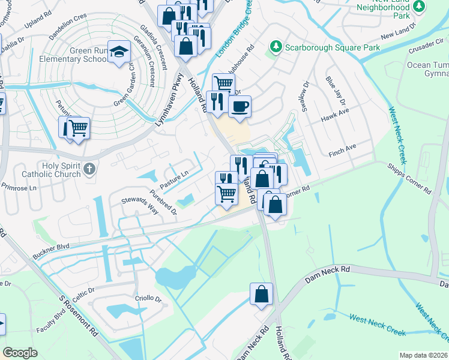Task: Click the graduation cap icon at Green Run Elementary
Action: (119, 52)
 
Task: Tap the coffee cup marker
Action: (240, 106)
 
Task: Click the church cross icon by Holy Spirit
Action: (89, 169)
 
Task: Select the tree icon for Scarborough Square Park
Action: (276, 46)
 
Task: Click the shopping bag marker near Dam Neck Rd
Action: (261, 295)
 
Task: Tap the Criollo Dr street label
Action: (149, 298)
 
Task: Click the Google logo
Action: (20, 353)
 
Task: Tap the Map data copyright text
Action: (423, 355)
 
